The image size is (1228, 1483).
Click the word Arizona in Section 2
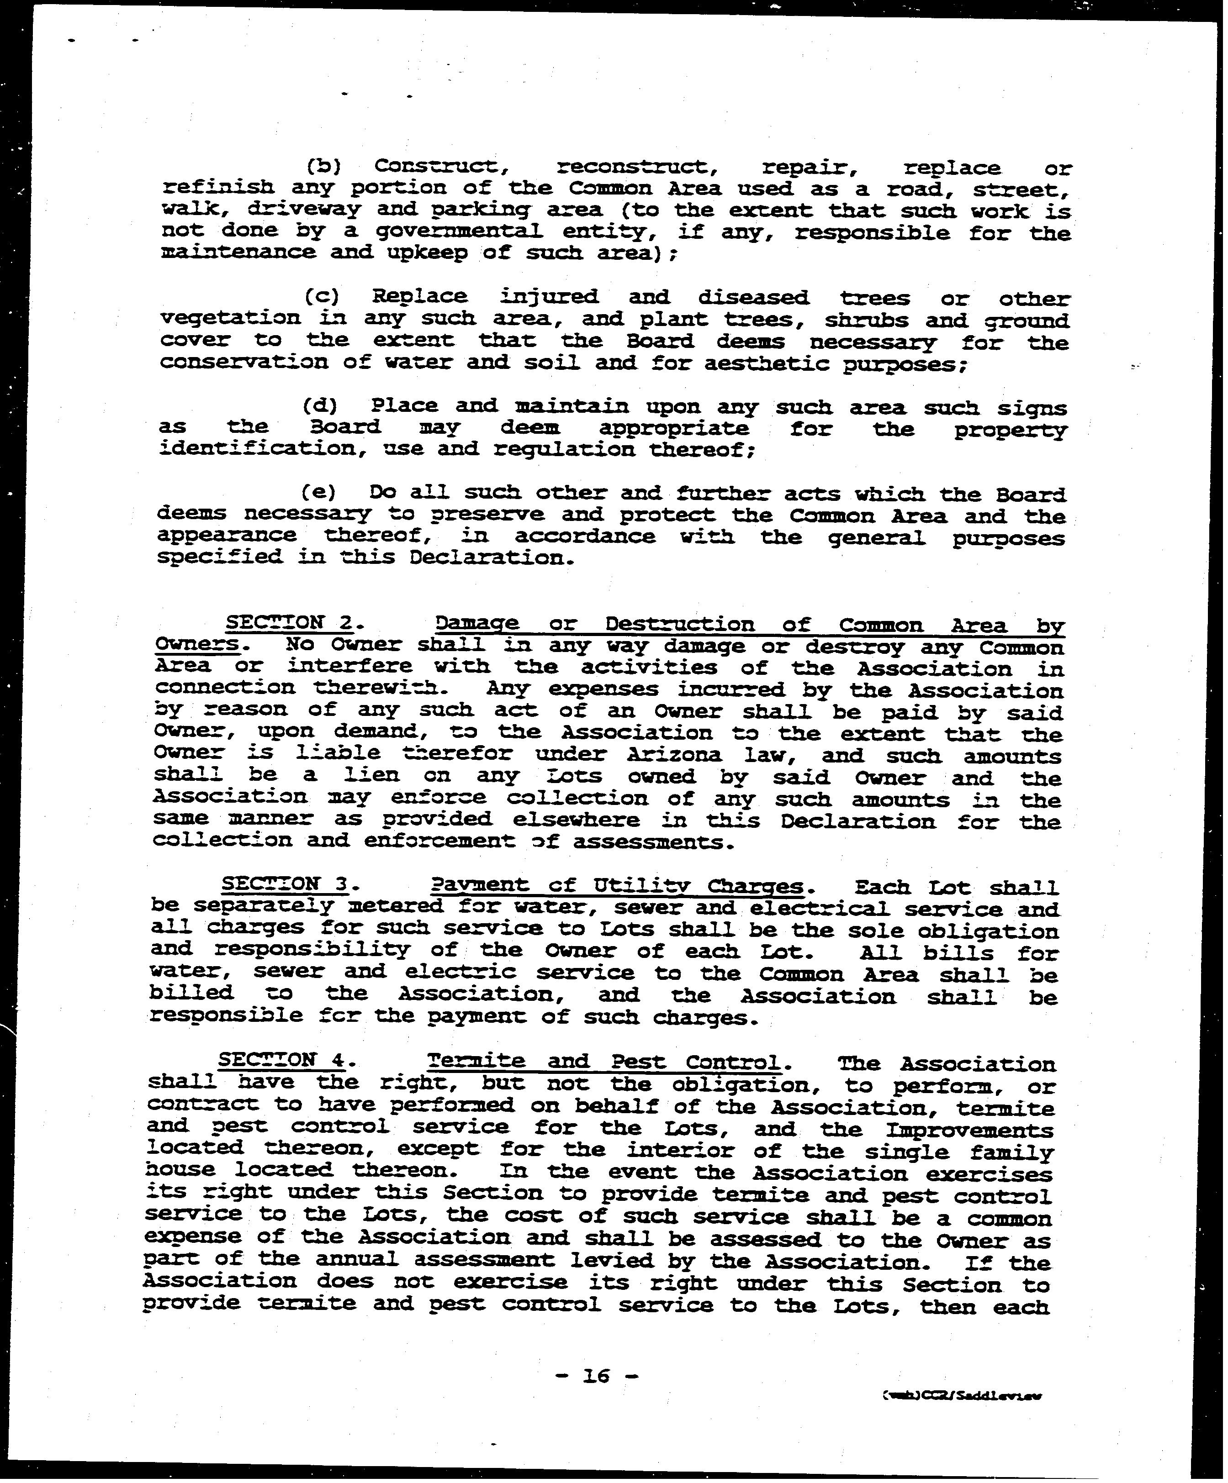pos(674,754)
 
